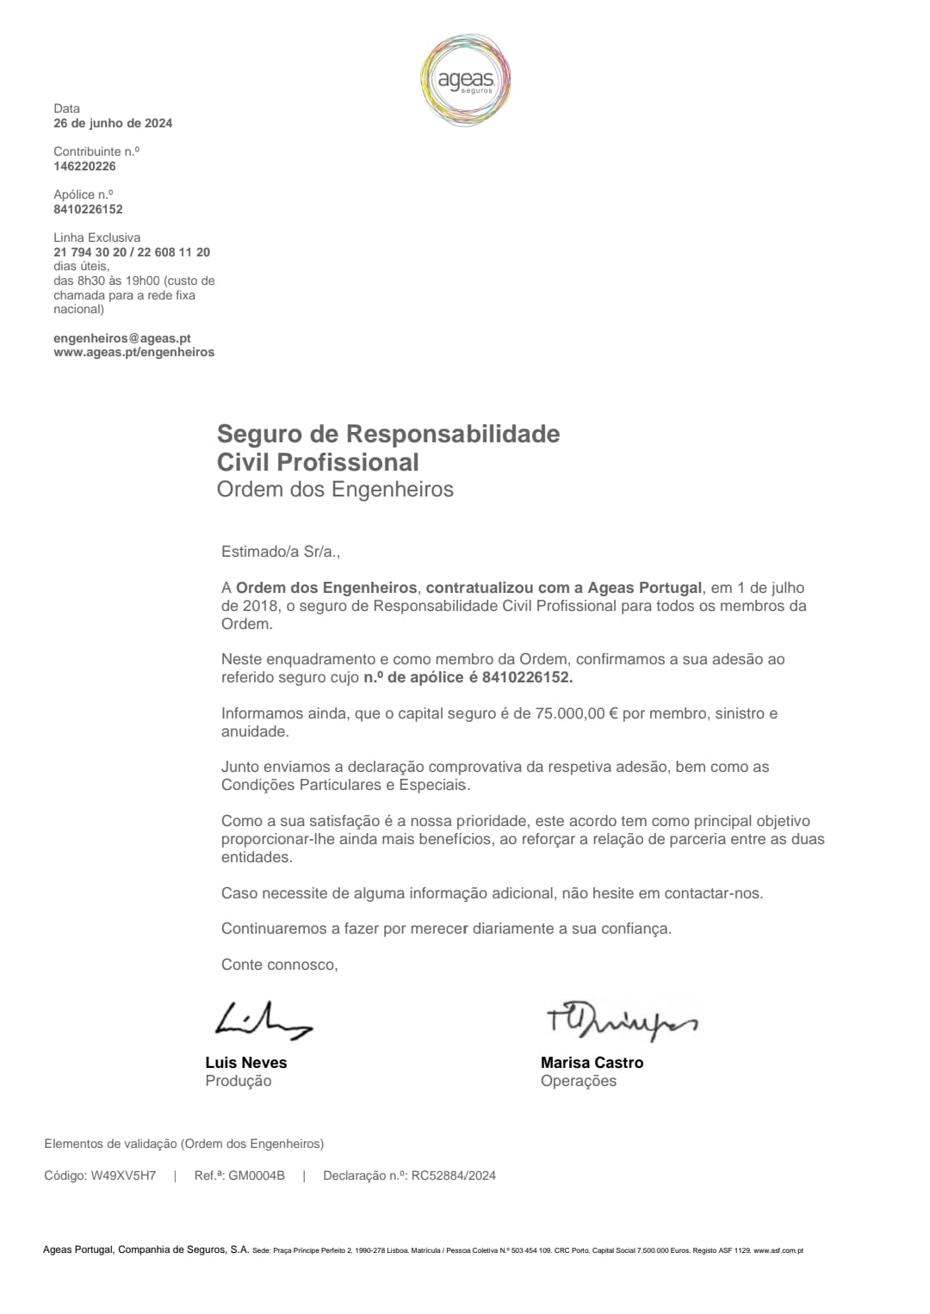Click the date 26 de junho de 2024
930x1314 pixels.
click(113, 123)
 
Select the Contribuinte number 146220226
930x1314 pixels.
click(84, 166)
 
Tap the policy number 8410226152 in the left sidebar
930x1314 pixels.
click(88, 209)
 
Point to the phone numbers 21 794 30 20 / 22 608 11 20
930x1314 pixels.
click(132, 252)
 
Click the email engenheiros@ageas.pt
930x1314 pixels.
click(122, 338)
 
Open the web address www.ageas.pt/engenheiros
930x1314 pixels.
click(133, 352)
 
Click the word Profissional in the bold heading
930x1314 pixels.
click(348, 462)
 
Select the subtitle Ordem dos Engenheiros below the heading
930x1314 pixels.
click(335, 490)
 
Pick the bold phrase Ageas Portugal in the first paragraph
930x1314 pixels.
click(644, 588)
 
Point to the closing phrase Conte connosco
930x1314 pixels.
click(279, 965)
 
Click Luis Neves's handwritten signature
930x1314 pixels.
click(262, 1020)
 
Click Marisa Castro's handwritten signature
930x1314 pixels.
click(621, 1020)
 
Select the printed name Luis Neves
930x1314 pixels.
click(246, 1063)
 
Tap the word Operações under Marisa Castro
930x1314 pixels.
click(579, 1082)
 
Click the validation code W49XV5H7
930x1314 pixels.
click(123, 1175)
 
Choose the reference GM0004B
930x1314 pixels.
click(256, 1175)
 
